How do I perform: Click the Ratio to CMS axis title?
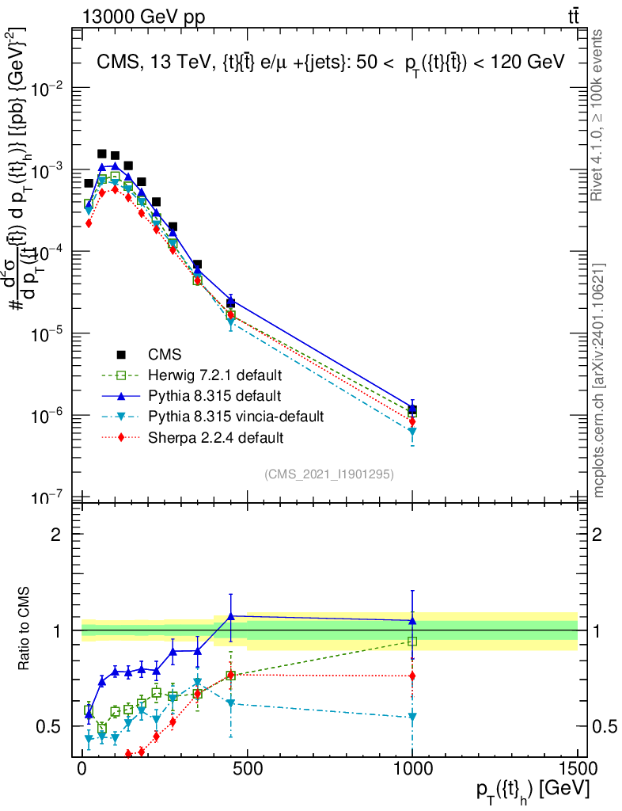tap(25, 630)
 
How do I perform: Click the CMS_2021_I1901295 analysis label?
tap(329, 474)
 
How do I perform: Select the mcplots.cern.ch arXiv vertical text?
tap(599, 381)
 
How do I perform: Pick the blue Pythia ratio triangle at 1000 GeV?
tap(412, 621)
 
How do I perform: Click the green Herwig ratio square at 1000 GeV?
tap(412, 641)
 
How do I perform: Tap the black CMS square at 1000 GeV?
tap(412, 409)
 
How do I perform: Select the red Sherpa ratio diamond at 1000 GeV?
tap(412, 676)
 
